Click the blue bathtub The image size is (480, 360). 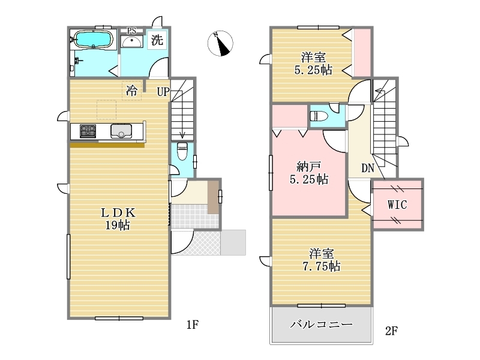[x=94, y=40]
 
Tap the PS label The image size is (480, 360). [x=131, y=31]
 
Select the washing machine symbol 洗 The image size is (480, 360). [x=157, y=40]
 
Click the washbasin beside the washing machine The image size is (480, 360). [x=131, y=41]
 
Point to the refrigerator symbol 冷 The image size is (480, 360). [x=131, y=91]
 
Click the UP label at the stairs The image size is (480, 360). [x=163, y=92]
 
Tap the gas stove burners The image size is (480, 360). [x=88, y=131]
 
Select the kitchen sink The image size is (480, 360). [x=121, y=131]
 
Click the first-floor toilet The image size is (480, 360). [x=182, y=151]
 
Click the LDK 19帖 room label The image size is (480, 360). [x=118, y=219]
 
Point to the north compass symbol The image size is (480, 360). [x=220, y=43]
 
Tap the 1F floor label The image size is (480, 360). [x=193, y=325]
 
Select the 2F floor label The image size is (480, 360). [x=391, y=331]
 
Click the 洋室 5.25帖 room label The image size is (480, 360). [x=313, y=64]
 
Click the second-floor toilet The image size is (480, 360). [x=319, y=116]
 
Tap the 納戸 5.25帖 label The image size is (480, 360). [x=309, y=173]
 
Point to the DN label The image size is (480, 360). [x=368, y=168]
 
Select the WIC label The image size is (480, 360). [x=397, y=205]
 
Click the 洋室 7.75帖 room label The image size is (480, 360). [x=322, y=260]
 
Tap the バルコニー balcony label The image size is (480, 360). [x=322, y=324]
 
